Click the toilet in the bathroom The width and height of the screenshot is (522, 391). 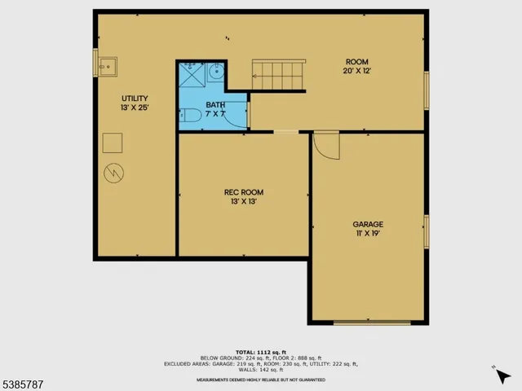[188, 116]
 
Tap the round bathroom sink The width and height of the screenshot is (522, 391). [215, 72]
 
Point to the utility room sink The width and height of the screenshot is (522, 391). [107, 64]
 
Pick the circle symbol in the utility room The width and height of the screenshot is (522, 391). [113, 174]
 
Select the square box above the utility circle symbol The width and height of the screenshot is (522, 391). [113, 144]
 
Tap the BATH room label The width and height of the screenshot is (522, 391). [215, 105]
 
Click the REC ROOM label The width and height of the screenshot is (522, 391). [244, 192]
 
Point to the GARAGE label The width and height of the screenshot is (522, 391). [368, 224]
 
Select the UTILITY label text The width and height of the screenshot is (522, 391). [135, 97]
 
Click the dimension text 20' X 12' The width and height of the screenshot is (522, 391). [356, 71]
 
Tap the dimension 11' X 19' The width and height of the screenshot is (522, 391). [368, 233]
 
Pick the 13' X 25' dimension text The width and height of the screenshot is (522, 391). [135, 107]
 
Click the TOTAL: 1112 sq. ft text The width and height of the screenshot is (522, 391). [260, 351]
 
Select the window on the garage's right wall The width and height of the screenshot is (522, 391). [426, 232]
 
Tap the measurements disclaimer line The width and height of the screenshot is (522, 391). [260, 380]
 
